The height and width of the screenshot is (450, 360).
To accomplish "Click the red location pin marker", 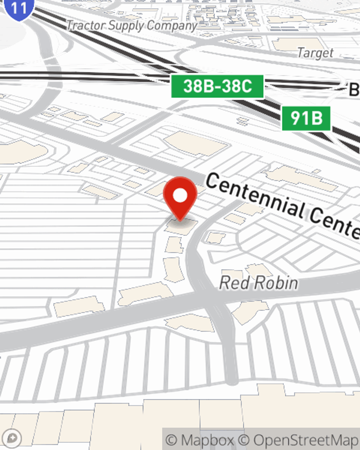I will click(180, 198).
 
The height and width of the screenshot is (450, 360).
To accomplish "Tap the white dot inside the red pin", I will click(180, 196).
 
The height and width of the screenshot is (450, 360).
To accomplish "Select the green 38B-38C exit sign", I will click(217, 86).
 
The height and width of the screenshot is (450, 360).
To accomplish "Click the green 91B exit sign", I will click(306, 118).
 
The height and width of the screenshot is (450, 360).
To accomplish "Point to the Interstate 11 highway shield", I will click(19, 8).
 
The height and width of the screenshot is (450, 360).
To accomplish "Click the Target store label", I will click(315, 53).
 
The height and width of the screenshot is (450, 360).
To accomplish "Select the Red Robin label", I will click(258, 283).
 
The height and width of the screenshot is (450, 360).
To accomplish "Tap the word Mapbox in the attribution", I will click(207, 440).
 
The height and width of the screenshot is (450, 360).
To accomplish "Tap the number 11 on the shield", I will click(19, 7).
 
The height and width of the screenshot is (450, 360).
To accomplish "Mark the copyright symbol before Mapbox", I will click(171, 440).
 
